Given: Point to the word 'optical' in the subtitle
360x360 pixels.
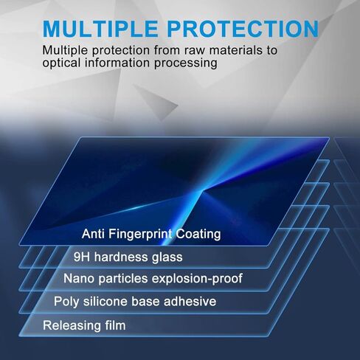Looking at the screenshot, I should [63, 63].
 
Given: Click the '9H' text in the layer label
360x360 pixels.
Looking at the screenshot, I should [83, 257].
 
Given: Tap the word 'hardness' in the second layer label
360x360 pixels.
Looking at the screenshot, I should [121, 257].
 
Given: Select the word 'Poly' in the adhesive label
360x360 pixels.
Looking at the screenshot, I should [65, 302].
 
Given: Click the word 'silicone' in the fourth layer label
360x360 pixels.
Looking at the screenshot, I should [105, 301].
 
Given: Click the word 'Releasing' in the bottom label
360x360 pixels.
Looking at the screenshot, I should [72, 325].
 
